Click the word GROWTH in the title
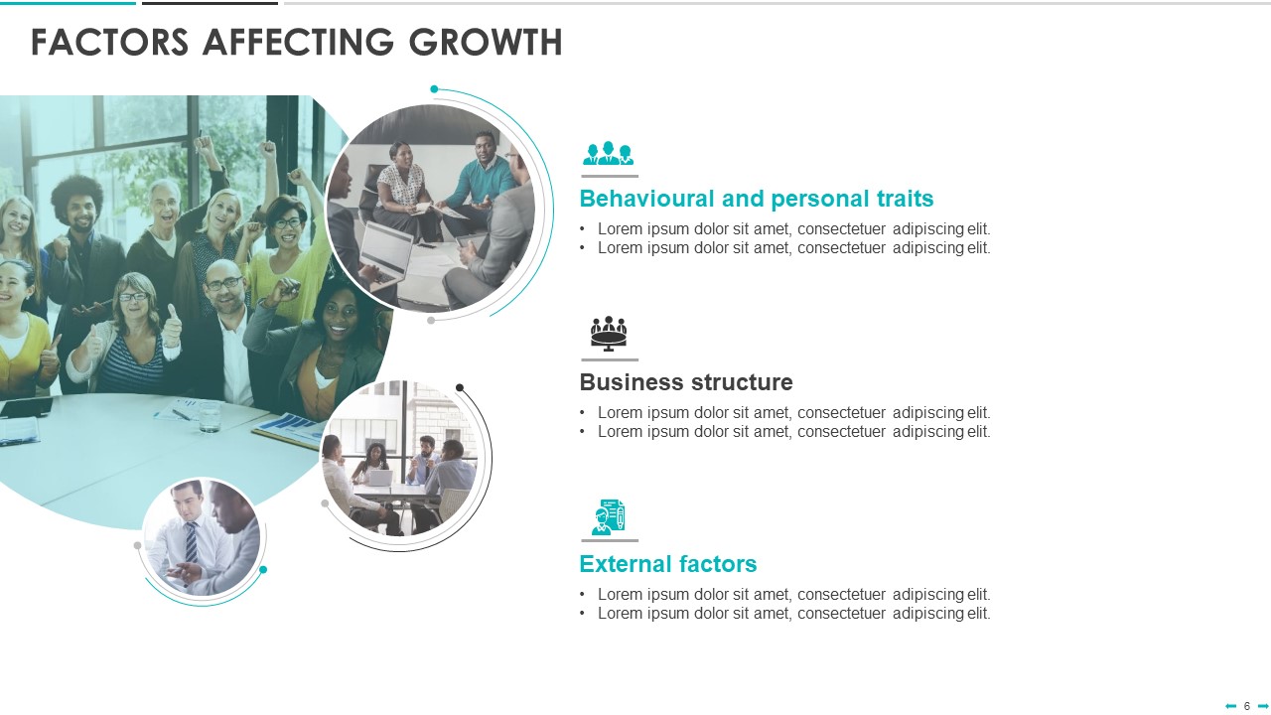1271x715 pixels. click(x=486, y=43)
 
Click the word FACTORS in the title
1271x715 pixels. click(x=109, y=43)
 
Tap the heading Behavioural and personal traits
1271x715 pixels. click(x=757, y=200)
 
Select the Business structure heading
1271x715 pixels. click(x=686, y=382)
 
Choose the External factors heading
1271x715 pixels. click(x=668, y=564)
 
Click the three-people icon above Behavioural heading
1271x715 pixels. click(x=609, y=153)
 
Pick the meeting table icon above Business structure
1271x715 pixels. click(x=609, y=334)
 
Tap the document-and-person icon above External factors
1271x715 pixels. click(x=609, y=517)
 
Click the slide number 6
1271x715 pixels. click(x=1246, y=706)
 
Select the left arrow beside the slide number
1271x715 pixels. click(x=1230, y=706)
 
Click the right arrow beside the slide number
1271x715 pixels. click(x=1263, y=706)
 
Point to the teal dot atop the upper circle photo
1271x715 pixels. click(x=434, y=89)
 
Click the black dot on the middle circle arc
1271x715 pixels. click(x=460, y=387)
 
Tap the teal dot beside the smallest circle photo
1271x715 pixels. click(x=263, y=570)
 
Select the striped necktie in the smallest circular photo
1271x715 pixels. click(x=192, y=542)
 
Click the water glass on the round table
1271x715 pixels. click(x=210, y=416)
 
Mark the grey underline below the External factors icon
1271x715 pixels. click(x=610, y=541)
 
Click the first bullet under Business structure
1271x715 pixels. click(x=784, y=412)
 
